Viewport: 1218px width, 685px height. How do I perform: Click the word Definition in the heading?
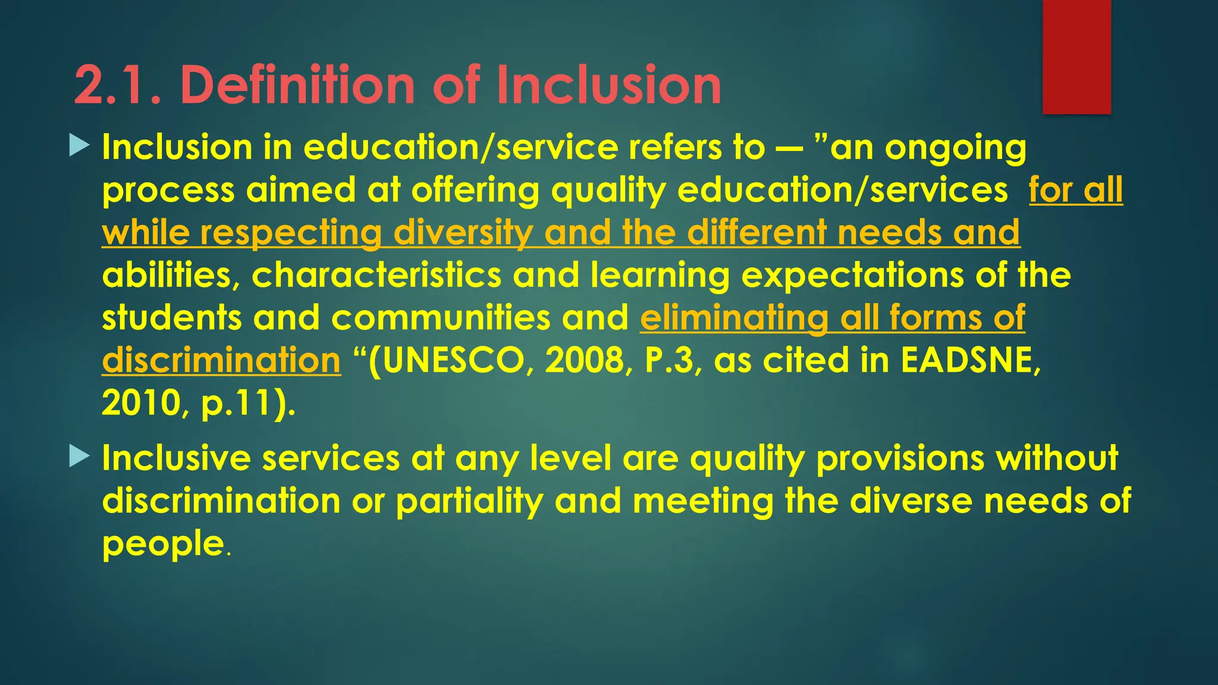click(x=297, y=86)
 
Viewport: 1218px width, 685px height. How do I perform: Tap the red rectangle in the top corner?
click(x=1076, y=56)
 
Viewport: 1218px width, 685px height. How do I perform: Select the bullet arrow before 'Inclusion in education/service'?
click(x=79, y=146)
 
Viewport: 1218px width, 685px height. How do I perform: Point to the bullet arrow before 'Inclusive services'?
click(x=79, y=457)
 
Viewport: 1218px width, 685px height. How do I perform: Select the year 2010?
click(x=142, y=403)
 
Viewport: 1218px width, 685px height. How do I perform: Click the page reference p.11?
click(x=241, y=404)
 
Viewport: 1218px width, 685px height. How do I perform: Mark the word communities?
click(x=441, y=318)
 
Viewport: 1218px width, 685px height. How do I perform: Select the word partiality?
click(x=469, y=502)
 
